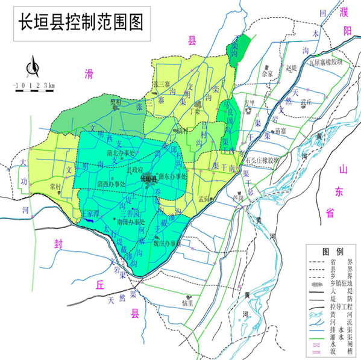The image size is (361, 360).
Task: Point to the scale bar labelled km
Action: pyautogui.click(x=34, y=85)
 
